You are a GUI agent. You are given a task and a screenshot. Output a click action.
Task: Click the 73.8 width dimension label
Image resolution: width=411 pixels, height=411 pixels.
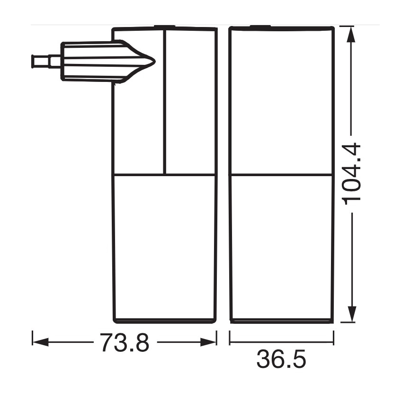tap(125, 342)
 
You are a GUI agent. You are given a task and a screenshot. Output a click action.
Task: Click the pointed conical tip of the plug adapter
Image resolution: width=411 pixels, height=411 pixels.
tap(149, 61)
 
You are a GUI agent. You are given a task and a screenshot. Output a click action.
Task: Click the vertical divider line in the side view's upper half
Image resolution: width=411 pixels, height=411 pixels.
tap(164, 102)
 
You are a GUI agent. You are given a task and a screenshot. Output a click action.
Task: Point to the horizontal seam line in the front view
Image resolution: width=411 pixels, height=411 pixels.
tap(281, 175)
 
